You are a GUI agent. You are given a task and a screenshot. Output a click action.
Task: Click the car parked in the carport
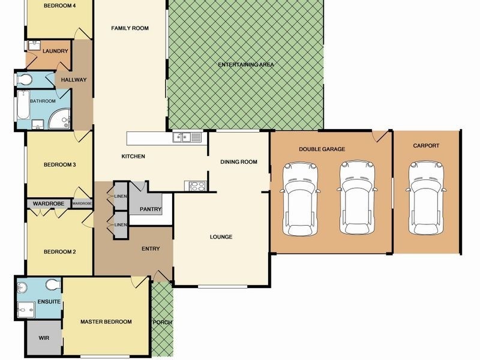[427, 198]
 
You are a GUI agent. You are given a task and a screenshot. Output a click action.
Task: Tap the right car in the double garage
[358, 198]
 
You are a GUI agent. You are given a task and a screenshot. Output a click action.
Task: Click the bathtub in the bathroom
[22, 109]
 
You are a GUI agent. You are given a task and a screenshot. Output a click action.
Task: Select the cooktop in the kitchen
[198, 186]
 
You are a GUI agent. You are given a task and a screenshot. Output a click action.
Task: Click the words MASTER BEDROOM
[106, 322]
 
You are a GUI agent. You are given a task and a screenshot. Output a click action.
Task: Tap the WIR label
[44, 338]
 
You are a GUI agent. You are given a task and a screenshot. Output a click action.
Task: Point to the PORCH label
[162, 322]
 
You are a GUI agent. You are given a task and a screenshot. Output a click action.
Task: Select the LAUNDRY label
[55, 51]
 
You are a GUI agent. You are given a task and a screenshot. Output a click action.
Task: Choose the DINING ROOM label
[239, 161]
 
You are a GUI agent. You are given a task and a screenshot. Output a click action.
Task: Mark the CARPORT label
[426, 146]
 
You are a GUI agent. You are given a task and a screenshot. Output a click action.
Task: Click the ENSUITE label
[49, 301]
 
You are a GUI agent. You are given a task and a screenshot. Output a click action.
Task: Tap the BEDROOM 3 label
[59, 165]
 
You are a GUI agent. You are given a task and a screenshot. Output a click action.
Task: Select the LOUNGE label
[221, 237]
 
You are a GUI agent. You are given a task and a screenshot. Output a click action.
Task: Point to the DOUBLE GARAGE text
[322, 149]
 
